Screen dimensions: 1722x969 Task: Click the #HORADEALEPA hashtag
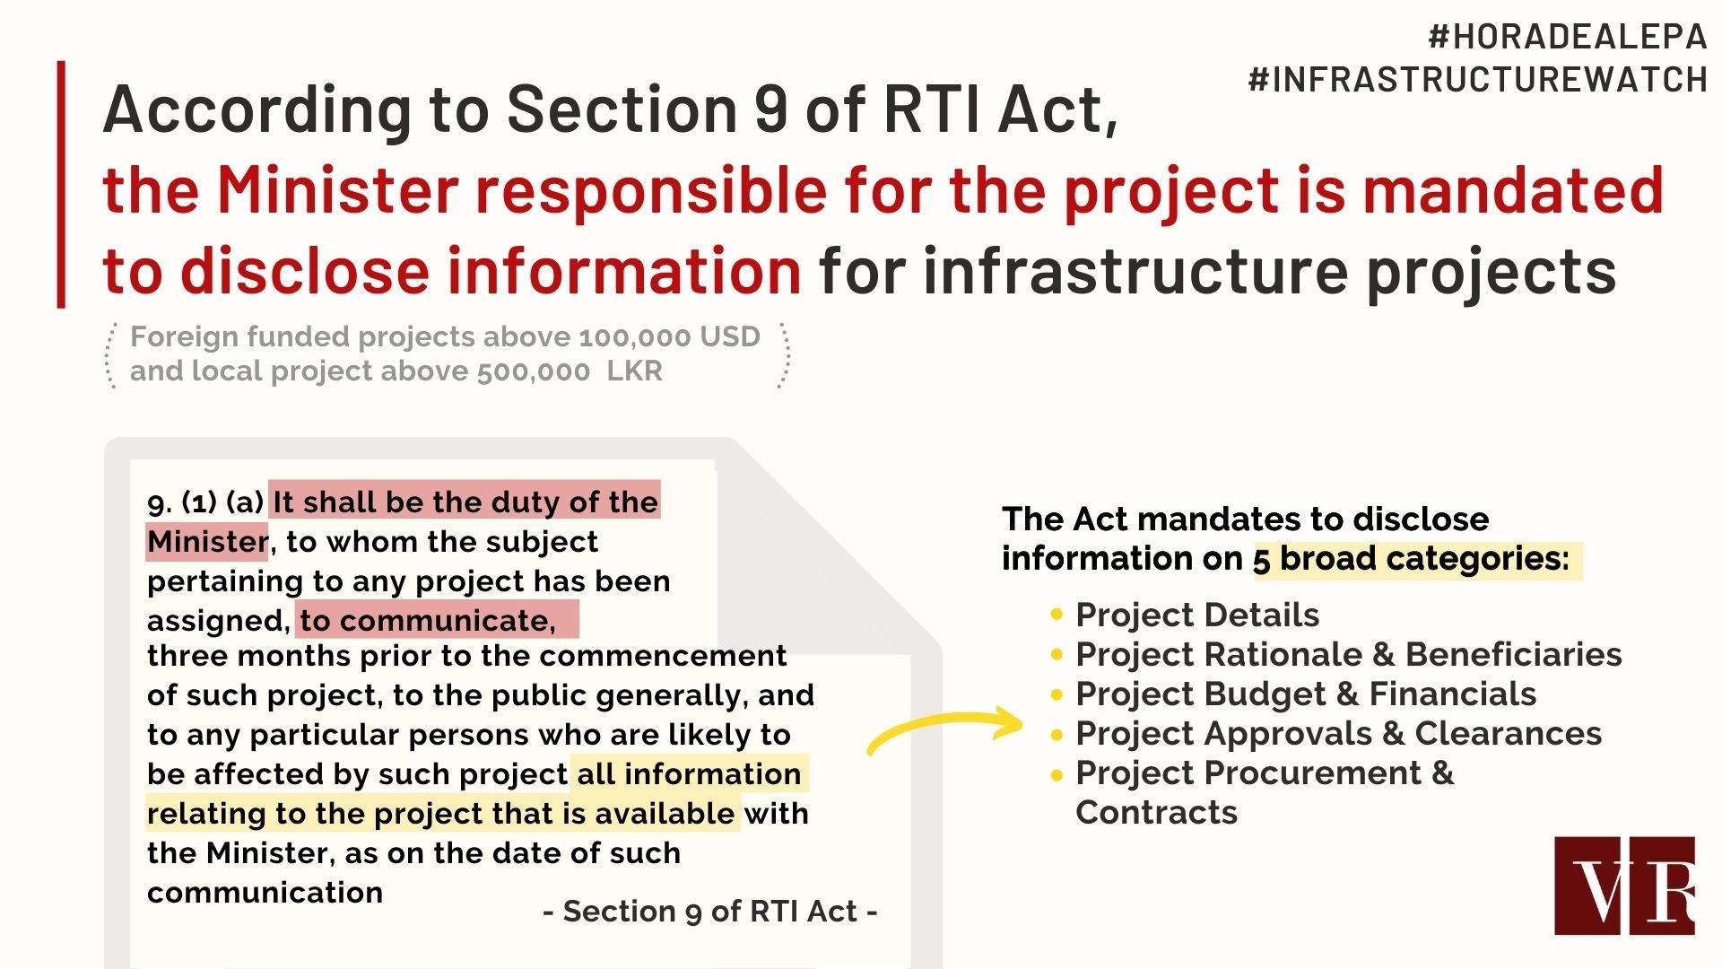1568,37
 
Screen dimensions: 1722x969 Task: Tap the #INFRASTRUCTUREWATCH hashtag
1478,80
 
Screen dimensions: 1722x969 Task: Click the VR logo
1625,886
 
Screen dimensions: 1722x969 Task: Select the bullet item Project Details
1197,615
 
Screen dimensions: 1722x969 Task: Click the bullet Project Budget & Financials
1306,694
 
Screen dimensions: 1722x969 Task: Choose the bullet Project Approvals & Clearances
1338,733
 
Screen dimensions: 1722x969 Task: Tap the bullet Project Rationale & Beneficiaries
1349,654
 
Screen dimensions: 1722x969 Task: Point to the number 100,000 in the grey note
635,337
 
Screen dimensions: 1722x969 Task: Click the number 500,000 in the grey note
534,371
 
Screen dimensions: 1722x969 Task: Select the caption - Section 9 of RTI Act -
710,912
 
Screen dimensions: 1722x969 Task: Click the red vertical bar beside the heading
61,185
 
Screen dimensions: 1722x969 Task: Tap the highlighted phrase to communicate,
428,620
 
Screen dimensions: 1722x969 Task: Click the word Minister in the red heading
337,190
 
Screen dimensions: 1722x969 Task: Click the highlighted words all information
689,773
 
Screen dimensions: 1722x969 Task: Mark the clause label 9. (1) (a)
205,502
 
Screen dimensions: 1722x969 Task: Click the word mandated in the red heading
1513,190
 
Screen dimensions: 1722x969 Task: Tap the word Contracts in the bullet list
1156,812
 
